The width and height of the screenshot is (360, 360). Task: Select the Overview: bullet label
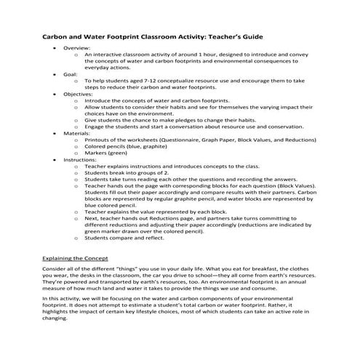[78, 47]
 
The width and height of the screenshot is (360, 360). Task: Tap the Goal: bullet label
[72, 73]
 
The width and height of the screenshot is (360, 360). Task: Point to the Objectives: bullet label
[80, 93]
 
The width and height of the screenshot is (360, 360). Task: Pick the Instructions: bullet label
[81, 159]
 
